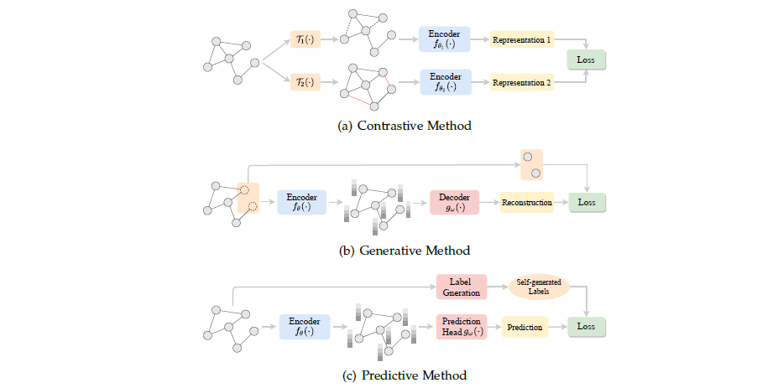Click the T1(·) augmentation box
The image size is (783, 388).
tap(304, 39)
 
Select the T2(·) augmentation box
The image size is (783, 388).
tap(304, 82)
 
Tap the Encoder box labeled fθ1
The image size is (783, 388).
tap(445, 39)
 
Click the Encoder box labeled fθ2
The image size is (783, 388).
tap(445, 82)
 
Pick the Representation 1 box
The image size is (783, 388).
tap(522, 39)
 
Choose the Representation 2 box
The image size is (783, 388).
tap(522, 82)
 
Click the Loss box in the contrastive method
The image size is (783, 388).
tap(586, 60)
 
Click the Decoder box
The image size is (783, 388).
tap(453, 202)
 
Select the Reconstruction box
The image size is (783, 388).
tap(526, 202)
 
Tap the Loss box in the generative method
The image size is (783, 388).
tap(586, 202)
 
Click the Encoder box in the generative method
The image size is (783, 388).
tap(301, 202)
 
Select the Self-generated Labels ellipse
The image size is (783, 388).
tap(539, 287)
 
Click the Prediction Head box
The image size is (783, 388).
tap(461, 327)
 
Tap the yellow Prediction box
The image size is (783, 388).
tap(526, 327)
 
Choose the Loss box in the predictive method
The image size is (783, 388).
tap(586, 327)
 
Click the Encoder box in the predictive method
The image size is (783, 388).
tap(304, 327)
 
